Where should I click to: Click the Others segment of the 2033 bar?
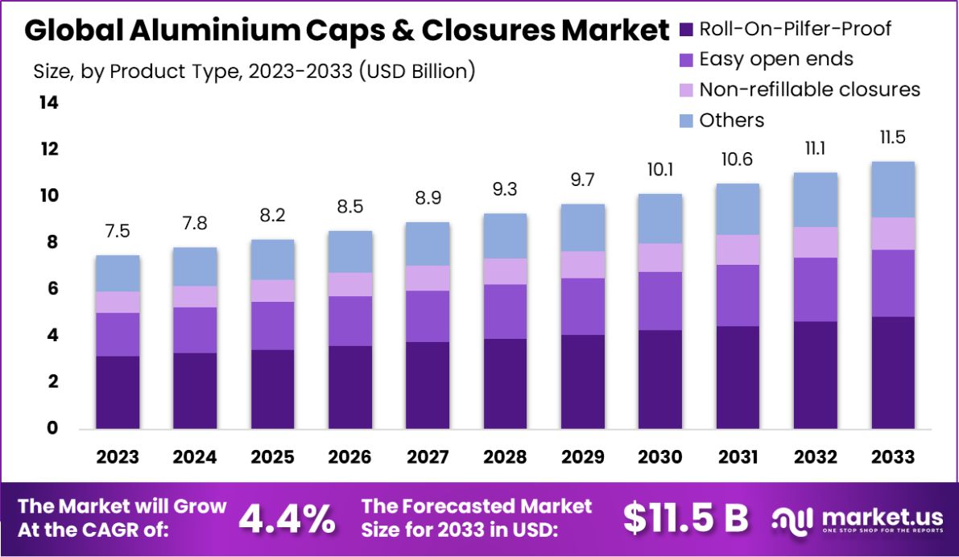pyautogui.click(x=893, y=189)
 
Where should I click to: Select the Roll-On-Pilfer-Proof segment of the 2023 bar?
pyautogui.click(x=118, y=392)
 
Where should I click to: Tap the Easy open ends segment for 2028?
pyautogui.click(x=505, y=312)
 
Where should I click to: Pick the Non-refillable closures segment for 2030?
pyautogui.click(x=660, y=258)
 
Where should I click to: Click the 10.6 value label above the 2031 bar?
pyautogui.click(x=738, y=159)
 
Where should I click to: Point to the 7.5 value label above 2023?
pyautogui.click(x=118, y=232)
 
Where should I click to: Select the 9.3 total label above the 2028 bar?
pyautogui.click(x=505, y=190)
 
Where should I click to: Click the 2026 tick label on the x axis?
pyautogui.click(x=349, y=457)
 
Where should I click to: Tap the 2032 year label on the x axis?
pyautogui.click(x=815, y=457)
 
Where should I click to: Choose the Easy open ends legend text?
pyautogui.click(x=776, y=59)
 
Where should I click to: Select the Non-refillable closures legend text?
pyautogui.click(x=809, y=89)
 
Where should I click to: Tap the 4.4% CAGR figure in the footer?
pyautogui.click(x=287, y=518)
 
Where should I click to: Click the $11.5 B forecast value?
pyautogui.click(x=686, y=518)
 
